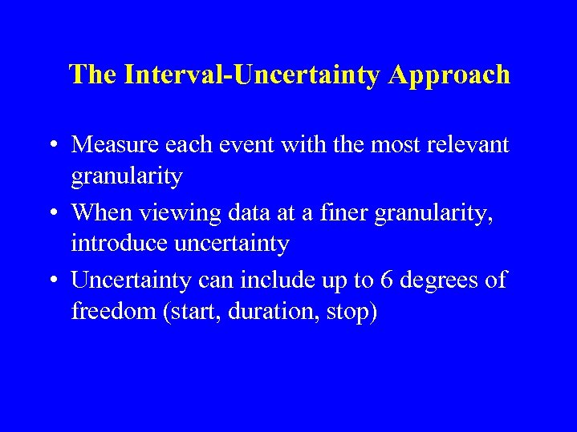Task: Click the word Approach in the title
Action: [x=449, y=75]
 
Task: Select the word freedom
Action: [x=114, y=310]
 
